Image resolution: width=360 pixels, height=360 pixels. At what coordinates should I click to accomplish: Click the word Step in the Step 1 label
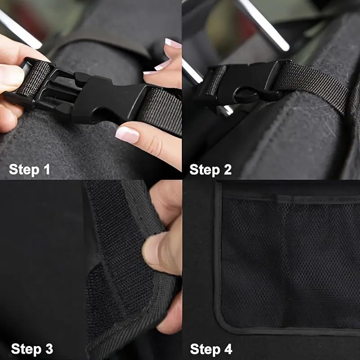24,170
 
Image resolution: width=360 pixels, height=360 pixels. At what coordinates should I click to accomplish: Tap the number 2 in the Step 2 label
227,170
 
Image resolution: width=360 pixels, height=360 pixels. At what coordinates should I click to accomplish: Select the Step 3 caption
32,349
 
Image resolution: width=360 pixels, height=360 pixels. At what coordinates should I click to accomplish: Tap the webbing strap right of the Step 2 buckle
315,83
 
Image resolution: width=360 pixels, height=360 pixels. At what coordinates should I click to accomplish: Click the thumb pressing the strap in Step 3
160,252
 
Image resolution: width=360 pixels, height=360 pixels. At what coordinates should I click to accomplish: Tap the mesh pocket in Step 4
288,261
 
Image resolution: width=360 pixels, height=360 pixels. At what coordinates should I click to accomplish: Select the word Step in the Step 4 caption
205,349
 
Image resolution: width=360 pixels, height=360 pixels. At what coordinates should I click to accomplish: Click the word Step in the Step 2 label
205,170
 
